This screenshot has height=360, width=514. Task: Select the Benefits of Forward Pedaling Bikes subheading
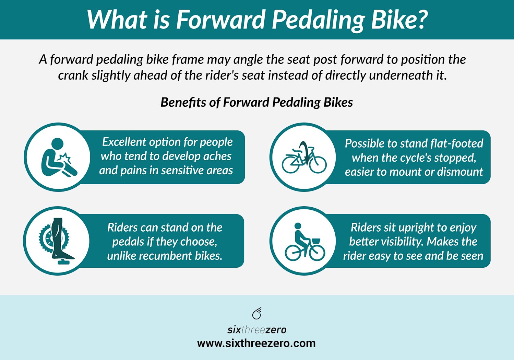pyautogui.click(x=256, y=102)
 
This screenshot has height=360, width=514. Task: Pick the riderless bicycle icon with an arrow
pyautogui.click(x=304, y=158)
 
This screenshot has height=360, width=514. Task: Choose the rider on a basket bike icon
pyautogui.click(x=304, y=242)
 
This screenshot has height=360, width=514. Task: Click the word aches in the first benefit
pyautogui.click(x=217, y=156)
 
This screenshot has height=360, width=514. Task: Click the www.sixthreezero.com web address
pyautogui.click(x=256, y=343)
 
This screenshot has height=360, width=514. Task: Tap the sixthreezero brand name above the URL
pyautogui.click(x=256, y=330)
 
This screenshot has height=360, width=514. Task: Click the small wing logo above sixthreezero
pyautogui.click(x=257, y=313)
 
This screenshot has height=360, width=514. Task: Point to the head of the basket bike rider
pyautogui.click(x=298, y=226)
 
